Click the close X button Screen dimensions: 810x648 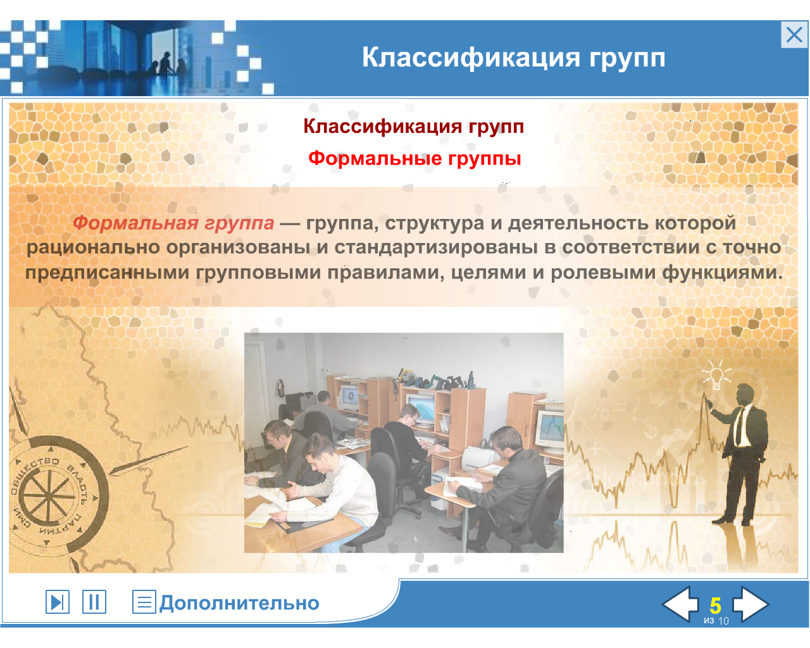point(794,35)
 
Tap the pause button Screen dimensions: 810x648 point(94,602)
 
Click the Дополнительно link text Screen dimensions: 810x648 point(239,603)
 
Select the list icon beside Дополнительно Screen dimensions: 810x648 point(144,602)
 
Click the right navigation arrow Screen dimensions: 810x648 point(750,604)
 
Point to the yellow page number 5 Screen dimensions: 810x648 point(716,606)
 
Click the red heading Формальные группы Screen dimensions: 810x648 point(414,158)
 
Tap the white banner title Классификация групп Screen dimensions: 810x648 point(514,58)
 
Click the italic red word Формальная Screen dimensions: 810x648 point(135,223)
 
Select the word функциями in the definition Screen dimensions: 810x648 point(722,273)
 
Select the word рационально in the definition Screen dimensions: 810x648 point(94,248)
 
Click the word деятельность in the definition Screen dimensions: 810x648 point(578,223)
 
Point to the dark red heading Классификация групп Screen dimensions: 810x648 point(414,127)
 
